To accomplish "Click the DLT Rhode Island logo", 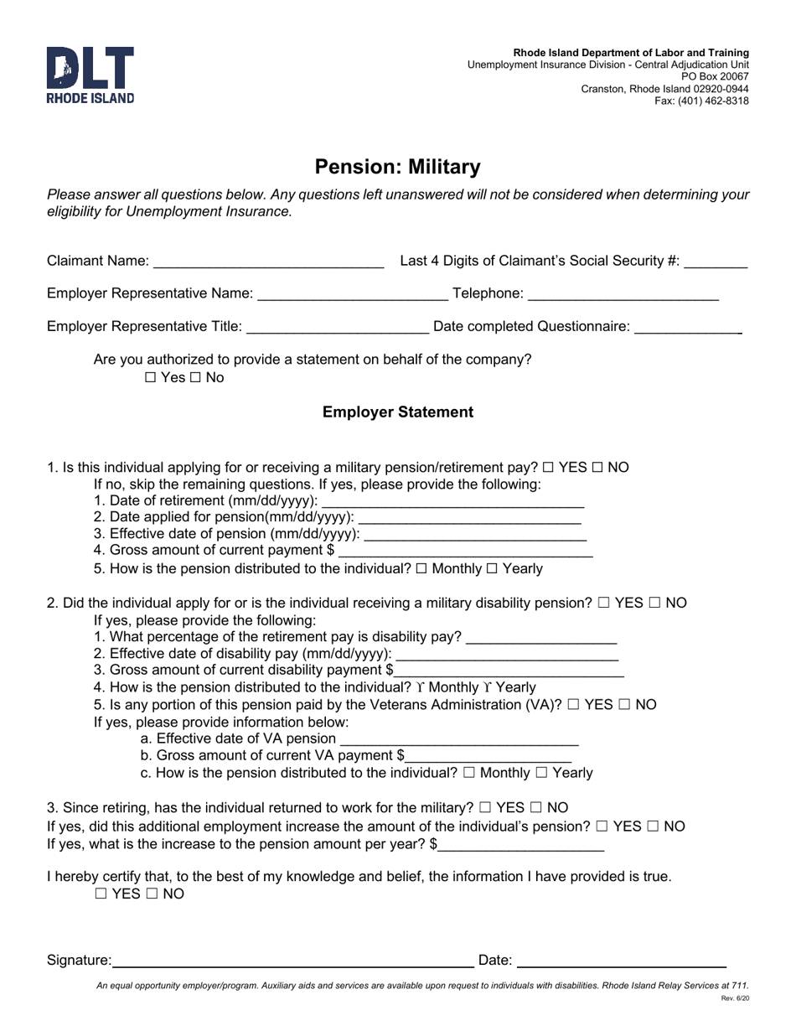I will point(90,75).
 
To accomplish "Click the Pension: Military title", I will point(397,167).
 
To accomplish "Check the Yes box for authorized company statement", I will point(151,378).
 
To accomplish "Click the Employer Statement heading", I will point(397,412).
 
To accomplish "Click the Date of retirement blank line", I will point(452,501).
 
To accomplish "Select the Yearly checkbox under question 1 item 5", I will point(492,569).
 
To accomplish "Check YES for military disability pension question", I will point(604,604).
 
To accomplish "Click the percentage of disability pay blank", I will point(540,638).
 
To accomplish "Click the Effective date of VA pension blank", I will point(460,739).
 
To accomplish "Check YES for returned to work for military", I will point(485,808).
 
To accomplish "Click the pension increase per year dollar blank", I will point(520,845).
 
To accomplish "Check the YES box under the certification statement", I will point(101,894).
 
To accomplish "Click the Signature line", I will point(292,961).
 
